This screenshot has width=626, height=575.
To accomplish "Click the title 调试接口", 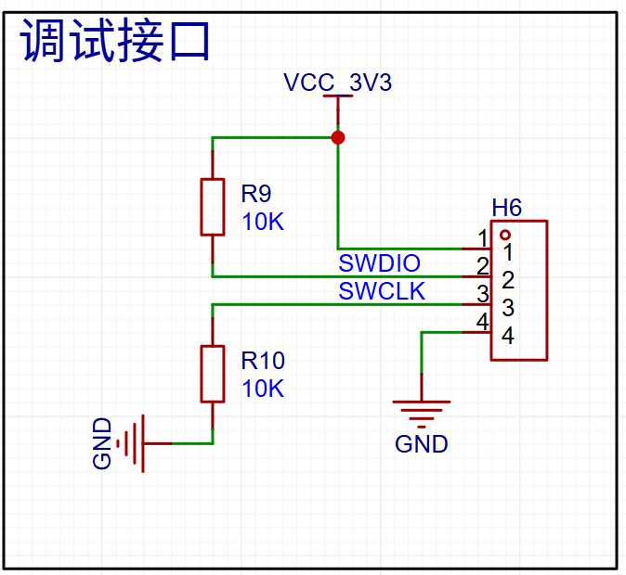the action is point(115,40).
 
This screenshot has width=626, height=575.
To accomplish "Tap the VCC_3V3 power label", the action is point(338,83).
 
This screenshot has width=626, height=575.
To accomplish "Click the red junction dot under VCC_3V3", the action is point(338,137).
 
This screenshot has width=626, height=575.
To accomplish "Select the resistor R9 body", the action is point(213,208).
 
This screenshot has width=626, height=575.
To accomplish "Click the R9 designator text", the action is point(256,194).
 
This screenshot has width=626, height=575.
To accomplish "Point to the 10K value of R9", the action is point(263,222).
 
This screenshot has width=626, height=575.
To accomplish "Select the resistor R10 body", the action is point(213,374).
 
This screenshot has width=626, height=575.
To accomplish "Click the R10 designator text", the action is point(263,361).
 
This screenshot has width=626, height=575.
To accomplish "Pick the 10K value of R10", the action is point(263,389).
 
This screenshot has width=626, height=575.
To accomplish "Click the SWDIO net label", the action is point(379,263).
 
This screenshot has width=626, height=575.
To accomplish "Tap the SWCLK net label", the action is point(382,291).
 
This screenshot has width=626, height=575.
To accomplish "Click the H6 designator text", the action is point(506,208).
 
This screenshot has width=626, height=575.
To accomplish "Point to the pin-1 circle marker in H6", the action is point(505,235).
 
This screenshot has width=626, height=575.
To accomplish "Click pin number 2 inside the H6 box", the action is point(508,280).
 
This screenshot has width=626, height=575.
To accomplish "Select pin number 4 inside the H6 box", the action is point(508,336).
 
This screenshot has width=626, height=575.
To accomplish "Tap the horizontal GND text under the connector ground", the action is point(422,444).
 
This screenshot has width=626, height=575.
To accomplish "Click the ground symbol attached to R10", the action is point(132,443).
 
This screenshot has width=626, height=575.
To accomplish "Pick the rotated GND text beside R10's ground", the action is point(102,443).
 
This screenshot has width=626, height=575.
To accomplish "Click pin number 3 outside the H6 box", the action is point(483,294).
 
